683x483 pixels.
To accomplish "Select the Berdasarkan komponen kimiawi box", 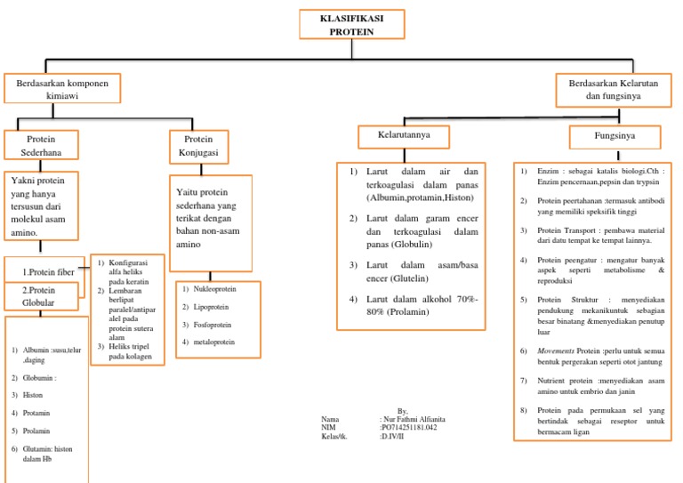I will point(61,90).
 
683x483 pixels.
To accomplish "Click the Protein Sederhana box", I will point(41,145).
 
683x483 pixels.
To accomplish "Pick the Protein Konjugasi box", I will point(198,145).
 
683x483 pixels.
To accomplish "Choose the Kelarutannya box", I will point(395,137).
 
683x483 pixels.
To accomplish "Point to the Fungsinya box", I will point(614,138).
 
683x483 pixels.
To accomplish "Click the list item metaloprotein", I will point(213,342).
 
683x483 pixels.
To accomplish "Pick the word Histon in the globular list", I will point(34,394).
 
